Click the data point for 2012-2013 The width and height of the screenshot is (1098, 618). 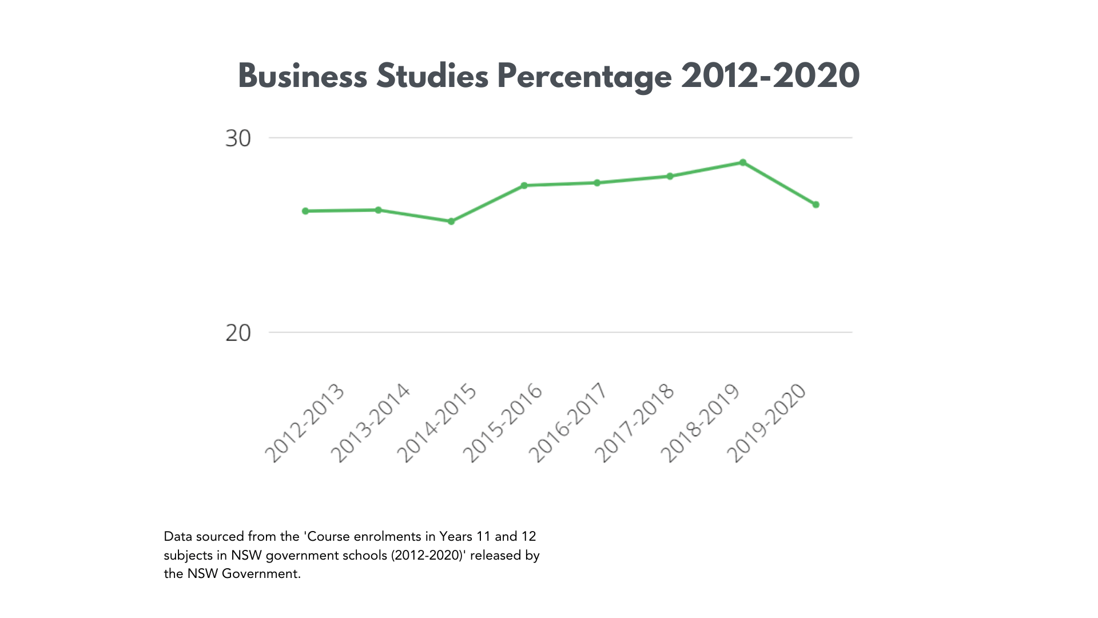click(x=305, y=211)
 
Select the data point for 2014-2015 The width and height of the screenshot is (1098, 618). click(x=451, y=221)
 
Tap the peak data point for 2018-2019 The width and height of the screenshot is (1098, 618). click(x=743, y=163)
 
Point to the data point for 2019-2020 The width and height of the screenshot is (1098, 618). click(x=816, y=205)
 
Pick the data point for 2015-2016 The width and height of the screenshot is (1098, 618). click(x=524, y=185)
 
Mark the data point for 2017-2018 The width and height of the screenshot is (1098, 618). click(x=670, y=176)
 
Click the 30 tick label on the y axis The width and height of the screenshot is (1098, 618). click(x=238, y=138)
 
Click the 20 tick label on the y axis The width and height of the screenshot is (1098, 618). click(x=238, y=333)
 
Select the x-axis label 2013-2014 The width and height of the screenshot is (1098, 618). click(x=371, y=423)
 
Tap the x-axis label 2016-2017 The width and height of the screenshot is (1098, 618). click(x=567, y=423)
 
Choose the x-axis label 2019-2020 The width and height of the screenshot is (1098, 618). click(x=766, y=423)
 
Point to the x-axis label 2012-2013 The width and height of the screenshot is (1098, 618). click(x=305, y=423)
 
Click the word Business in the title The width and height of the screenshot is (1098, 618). click(x=302, y=76)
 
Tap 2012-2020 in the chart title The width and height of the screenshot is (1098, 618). click(x=770, y=76)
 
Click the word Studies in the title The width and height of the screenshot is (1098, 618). click(x=432, y=76)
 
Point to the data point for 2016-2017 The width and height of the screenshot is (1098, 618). click(x=597, y=183)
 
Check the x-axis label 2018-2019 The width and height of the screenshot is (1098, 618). click(x=700, y=423)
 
